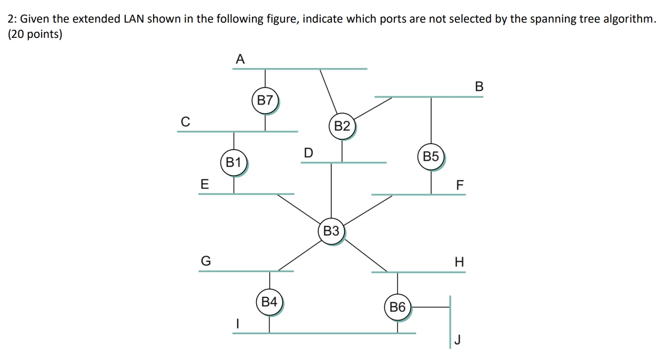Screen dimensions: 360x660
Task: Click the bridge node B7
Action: pos(266,100)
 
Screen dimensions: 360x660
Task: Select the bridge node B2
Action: pos(342,126)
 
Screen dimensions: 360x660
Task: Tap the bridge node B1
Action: pos(233,162)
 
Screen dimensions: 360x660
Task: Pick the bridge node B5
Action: pos(431,157)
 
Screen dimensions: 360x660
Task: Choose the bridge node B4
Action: pos(269,302)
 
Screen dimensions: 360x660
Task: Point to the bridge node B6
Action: pos(398,307)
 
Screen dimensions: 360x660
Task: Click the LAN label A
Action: pos(240,59)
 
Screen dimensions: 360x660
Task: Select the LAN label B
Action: pos(479,86)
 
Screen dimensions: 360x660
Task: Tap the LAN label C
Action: pos(185,121)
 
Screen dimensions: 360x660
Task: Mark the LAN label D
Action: pos(308,153)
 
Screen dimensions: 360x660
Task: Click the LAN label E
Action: pos(205,184)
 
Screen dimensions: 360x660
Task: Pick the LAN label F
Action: pos(460,185)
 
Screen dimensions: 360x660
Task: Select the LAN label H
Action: pos(459,262)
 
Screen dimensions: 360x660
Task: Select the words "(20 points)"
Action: pos(35,35)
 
